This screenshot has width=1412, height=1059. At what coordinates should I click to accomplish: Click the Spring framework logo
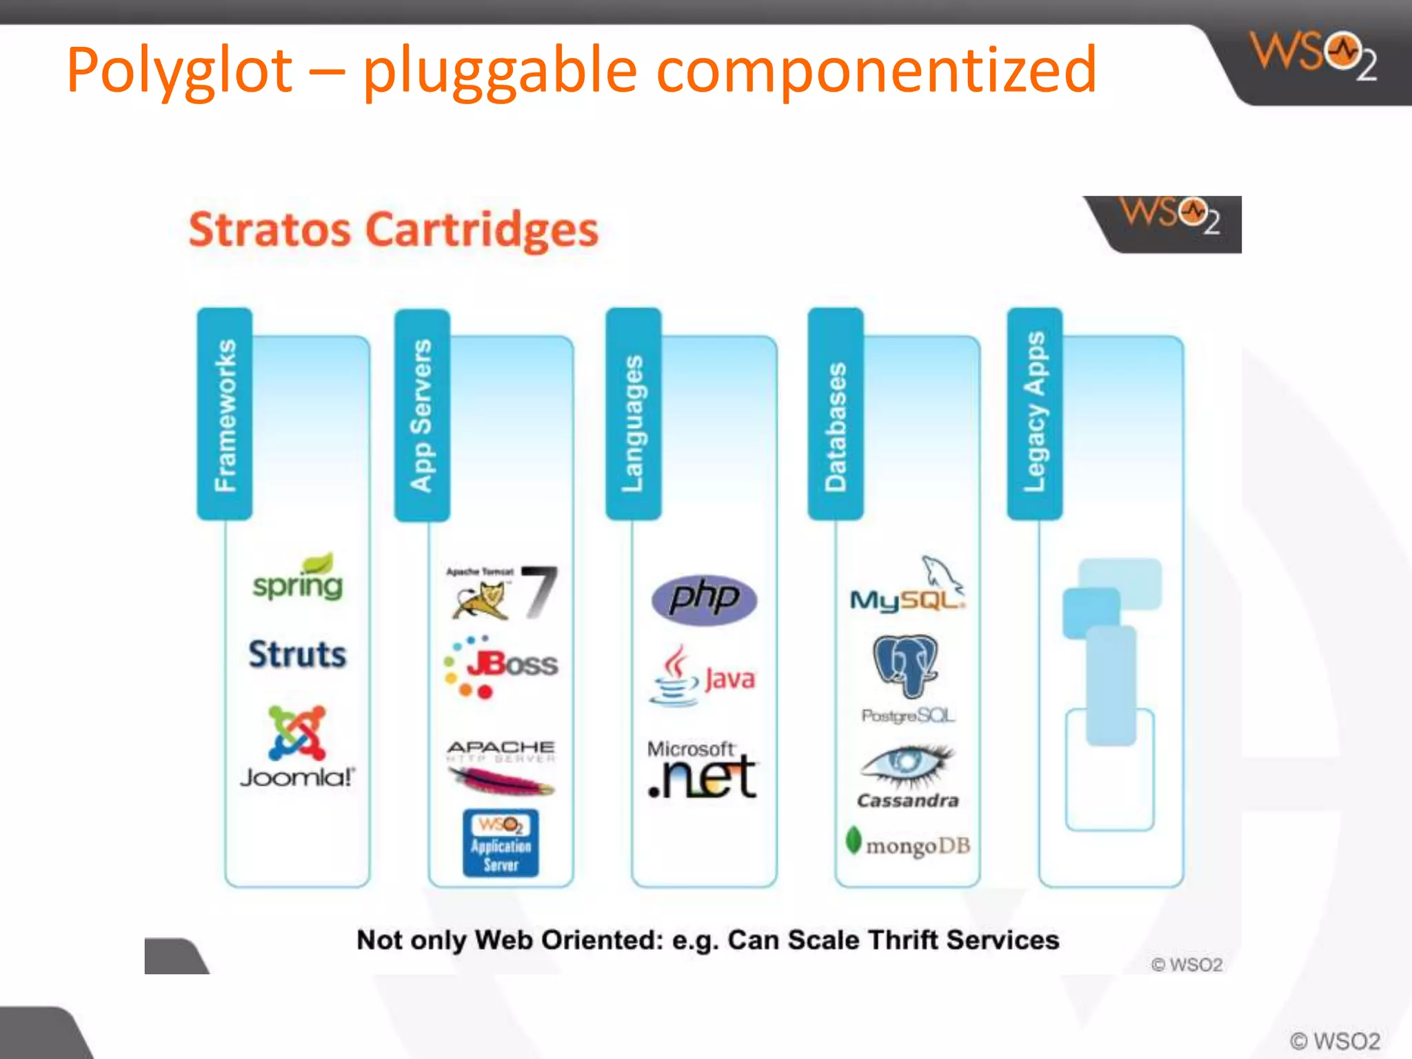click(x=298, y=579)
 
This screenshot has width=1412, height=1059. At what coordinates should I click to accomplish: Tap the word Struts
click(x=297, y=654)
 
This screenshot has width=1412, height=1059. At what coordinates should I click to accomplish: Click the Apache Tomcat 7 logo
click(x=501, y=592)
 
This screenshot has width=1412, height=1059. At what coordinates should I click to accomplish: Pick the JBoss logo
click(x=501, y=666)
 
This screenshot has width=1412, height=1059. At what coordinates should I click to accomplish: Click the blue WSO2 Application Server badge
click(x=501, y=843)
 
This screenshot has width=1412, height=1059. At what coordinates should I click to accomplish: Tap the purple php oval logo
click(x=704, y=598)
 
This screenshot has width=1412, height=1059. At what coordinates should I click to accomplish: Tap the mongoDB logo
click(x=907, y=844)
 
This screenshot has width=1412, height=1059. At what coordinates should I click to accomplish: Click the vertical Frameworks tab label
click(x=225, y=414)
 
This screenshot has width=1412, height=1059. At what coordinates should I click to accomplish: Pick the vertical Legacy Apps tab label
click(x=1034, y=413)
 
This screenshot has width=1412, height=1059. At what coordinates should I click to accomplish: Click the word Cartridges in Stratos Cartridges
click(x=481, y=230)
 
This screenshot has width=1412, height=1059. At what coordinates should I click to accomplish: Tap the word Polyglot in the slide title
click(x=181, y=70)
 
